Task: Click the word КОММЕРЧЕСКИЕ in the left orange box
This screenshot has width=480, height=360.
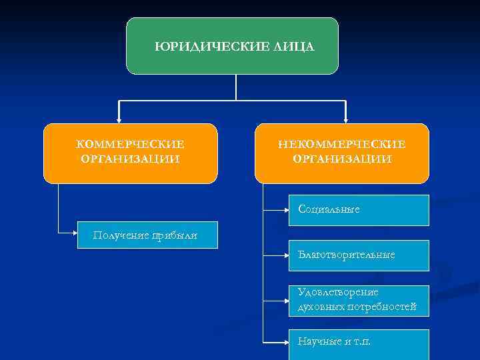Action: [x=131, y=144]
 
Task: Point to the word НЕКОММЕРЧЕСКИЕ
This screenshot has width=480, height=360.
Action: [x=342, y=144]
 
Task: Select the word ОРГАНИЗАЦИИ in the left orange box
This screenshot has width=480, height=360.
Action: [x=131, y=159]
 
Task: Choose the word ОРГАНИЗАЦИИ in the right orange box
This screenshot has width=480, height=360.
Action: [x=342, y=159]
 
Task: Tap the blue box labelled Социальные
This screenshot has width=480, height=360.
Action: [x=359, y=210]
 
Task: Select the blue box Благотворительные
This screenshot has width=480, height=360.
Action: [x=359, y=255]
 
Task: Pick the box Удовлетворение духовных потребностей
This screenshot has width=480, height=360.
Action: [x=359, y=301]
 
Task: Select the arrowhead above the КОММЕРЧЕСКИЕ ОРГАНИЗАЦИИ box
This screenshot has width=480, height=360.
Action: [x=119, y=120]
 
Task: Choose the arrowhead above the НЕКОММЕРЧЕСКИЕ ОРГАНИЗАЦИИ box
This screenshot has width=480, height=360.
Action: [x=345, y=120]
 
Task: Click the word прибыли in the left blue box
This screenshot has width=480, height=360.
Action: [x=178, y=235]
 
